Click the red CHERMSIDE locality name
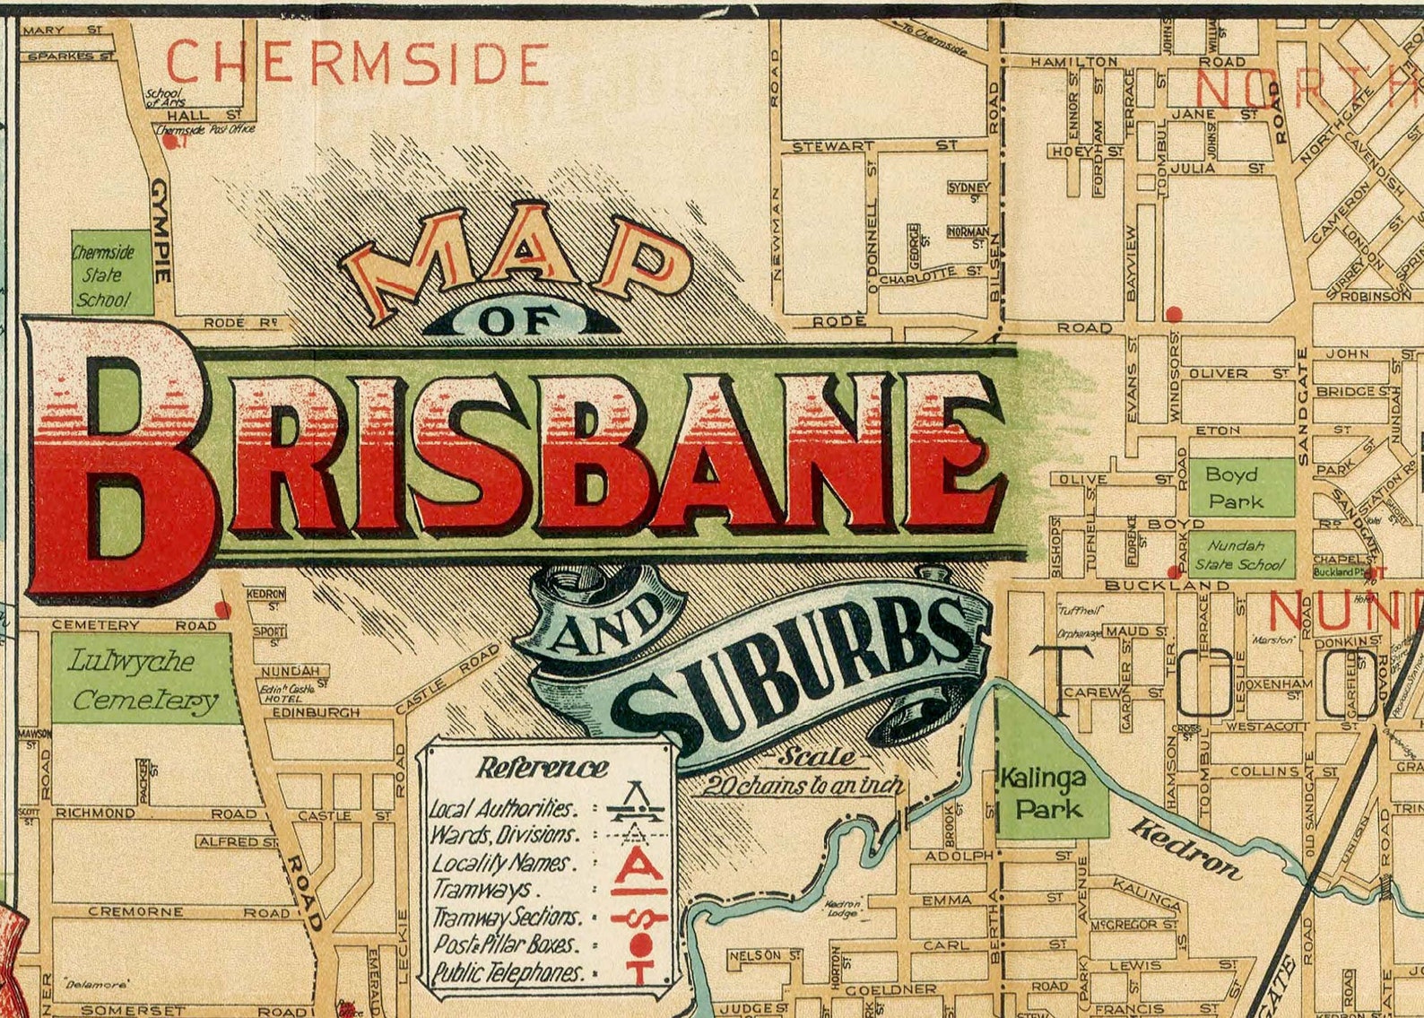(357, 64)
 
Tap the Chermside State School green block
(112, 274)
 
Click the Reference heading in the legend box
(541, 768)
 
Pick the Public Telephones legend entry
(508, 973)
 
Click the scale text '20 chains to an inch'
(803, 786)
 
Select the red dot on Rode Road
(1173, 314)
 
